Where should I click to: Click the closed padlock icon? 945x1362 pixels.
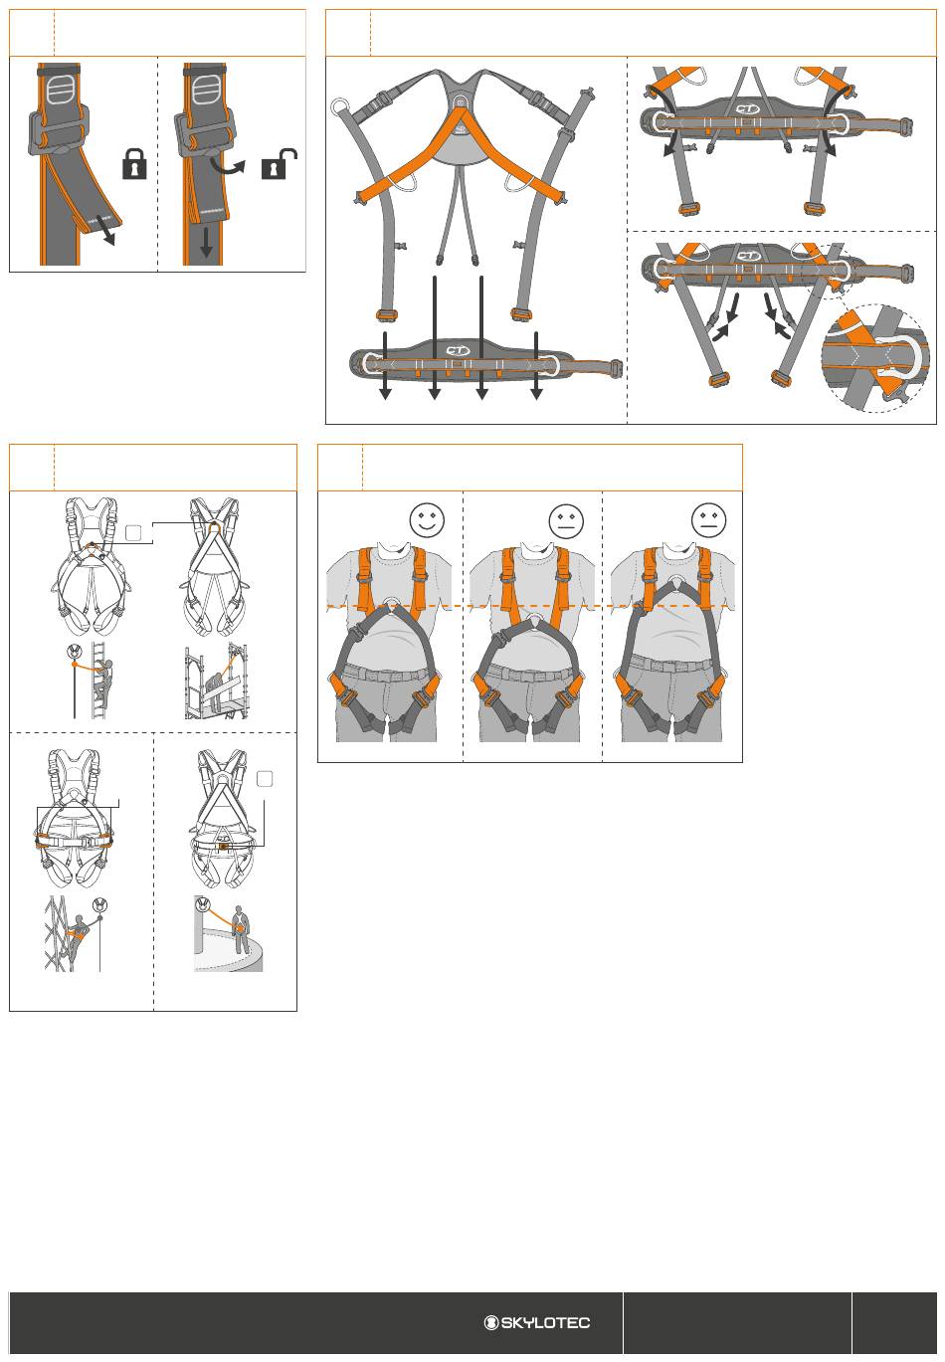click(x=134, y=164)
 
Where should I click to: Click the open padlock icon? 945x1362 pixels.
click(x=280, y=164)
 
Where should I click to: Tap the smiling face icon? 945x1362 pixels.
click(x=427, y=519)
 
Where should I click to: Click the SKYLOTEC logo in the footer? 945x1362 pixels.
click(x=537, y=1322)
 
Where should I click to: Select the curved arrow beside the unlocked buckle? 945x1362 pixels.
click(x=227, y=166)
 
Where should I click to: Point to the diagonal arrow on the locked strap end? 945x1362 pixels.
click(x=105, y=230)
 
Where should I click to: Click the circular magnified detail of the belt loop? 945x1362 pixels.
click(x=874, y=359)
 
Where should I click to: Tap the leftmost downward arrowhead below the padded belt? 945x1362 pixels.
click(x=385, y=393)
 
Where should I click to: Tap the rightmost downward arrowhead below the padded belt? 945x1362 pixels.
click(x=536, y=393)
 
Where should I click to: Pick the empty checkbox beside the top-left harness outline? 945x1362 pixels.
click(x=133, y=532)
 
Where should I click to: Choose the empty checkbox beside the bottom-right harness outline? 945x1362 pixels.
click(x=265, y=779)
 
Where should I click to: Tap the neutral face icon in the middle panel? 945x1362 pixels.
click(x=566, y=520)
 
